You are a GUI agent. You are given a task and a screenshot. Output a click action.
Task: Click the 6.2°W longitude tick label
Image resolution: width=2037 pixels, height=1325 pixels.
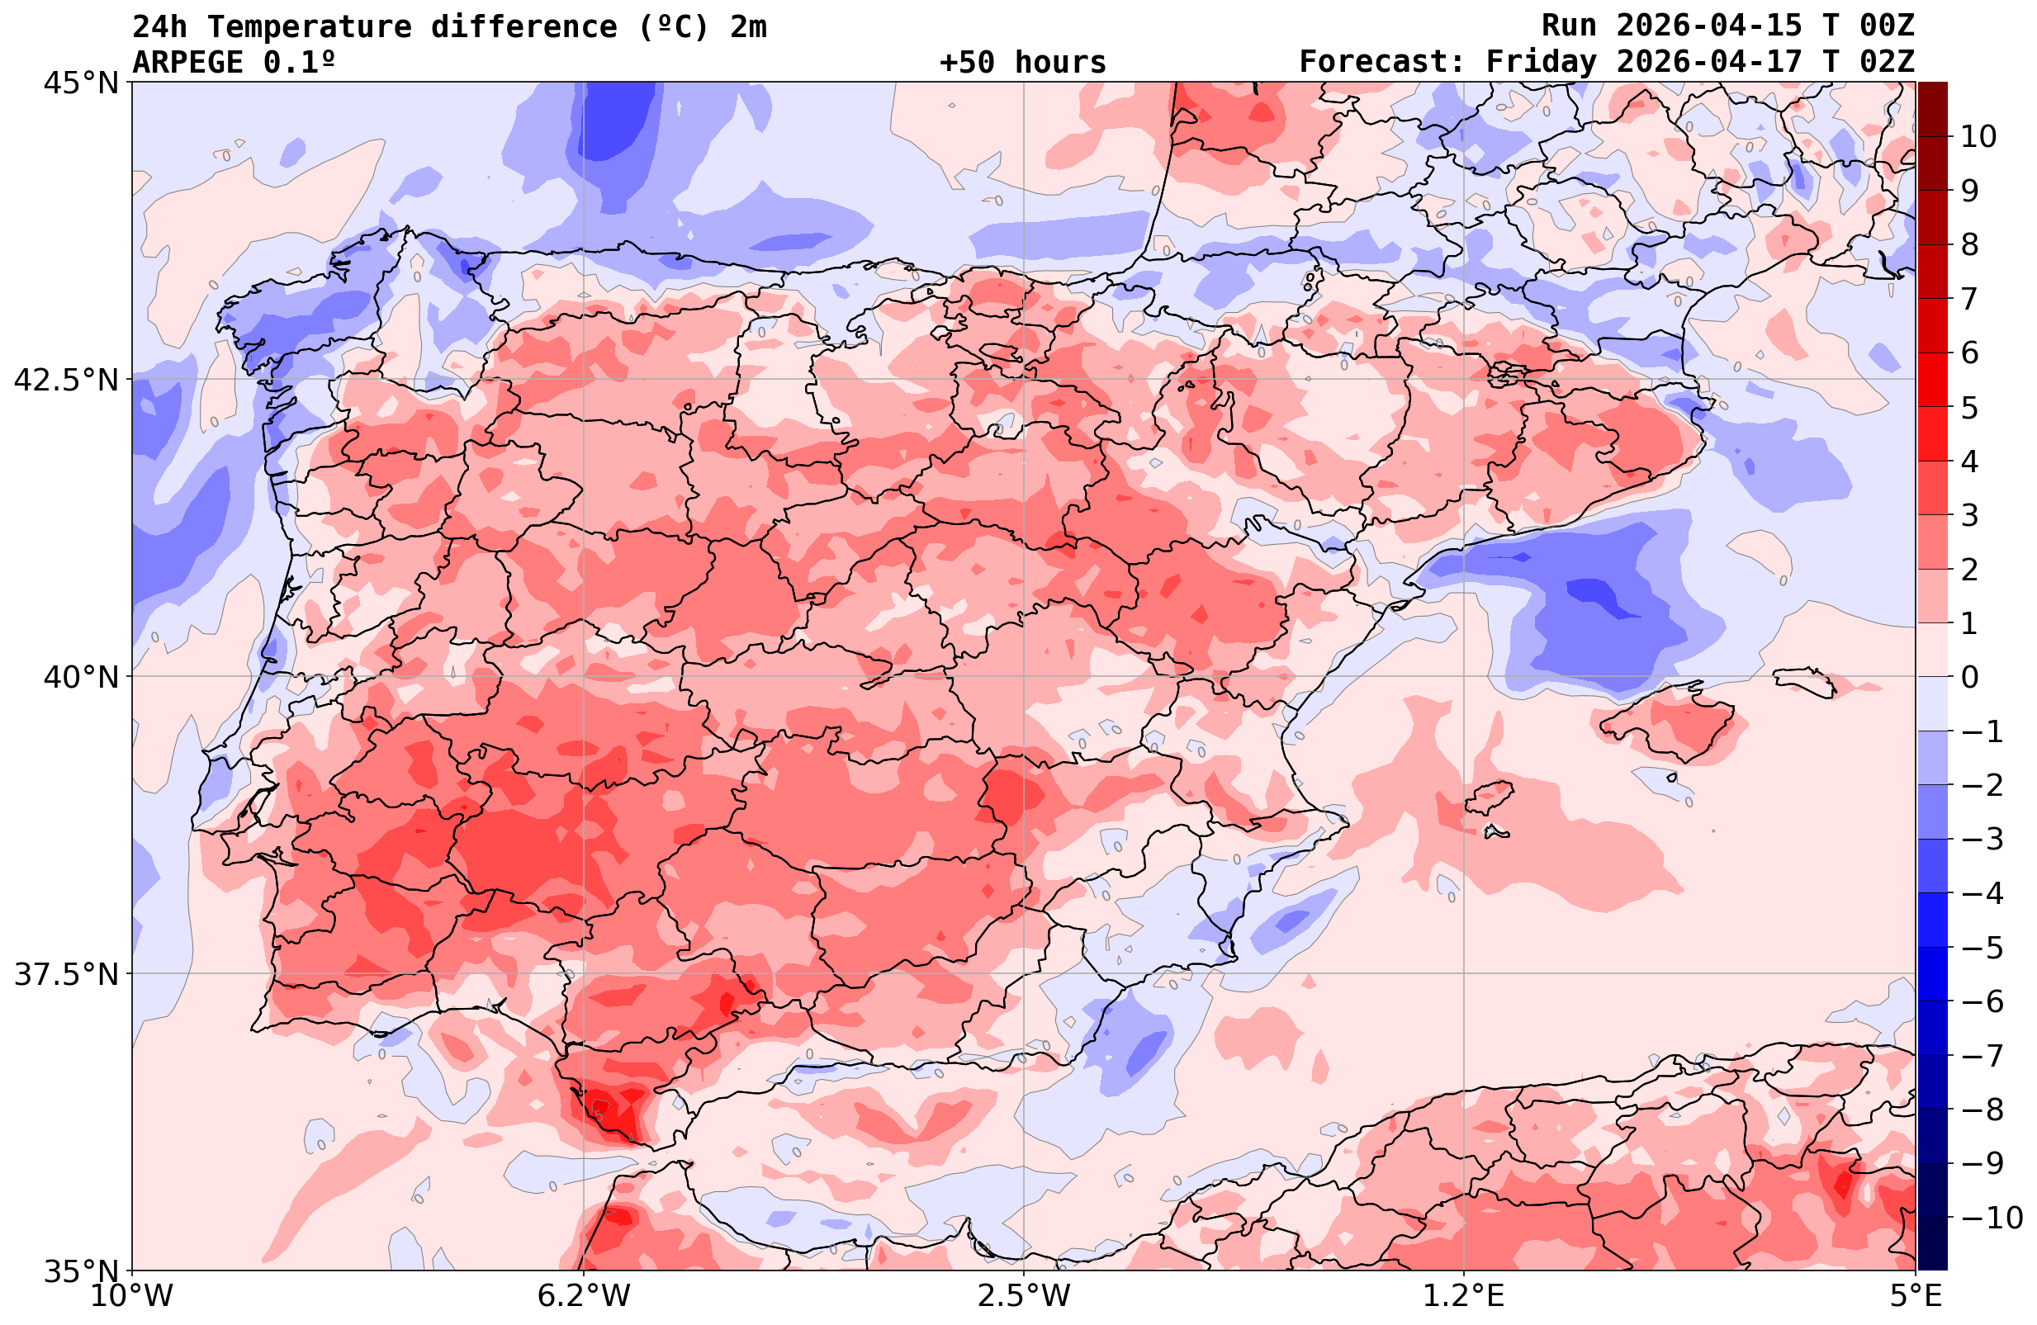pyautogui.click(x=584, y=1296)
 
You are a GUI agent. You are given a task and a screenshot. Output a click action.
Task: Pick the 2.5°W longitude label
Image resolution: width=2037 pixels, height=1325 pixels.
pyautogui.click(x=1024, y=1296)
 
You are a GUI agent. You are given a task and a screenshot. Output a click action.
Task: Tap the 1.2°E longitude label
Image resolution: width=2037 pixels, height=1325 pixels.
pyautogui.click(x=1464, y=1296)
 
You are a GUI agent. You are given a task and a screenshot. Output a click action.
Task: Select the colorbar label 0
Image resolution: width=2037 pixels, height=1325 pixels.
pyautogui.click(x=1969, y=677)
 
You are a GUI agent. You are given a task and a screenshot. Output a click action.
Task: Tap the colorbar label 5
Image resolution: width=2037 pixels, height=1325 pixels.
pyautogui.click(x=1969, y=408)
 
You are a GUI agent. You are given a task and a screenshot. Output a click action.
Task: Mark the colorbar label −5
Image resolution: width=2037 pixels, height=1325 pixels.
pyautogui.click(x=1981, y=948)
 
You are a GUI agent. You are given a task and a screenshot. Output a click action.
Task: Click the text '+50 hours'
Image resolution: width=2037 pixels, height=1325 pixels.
pyautogui.click(x=1023, y=63)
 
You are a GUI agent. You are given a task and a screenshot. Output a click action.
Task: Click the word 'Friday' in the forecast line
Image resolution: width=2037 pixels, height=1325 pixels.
pyautogui.click(x=1542, y=63)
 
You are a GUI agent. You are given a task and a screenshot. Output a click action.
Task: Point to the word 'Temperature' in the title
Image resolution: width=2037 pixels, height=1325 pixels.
pyautogui.click(x=309, y=26)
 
